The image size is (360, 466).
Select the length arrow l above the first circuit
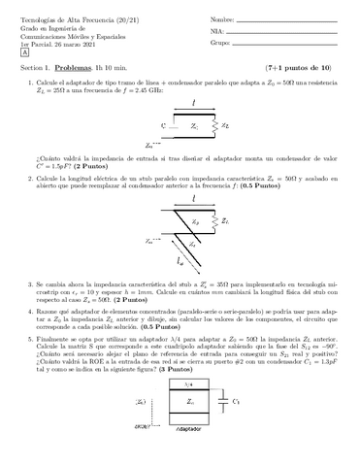(x=194, y=103)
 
